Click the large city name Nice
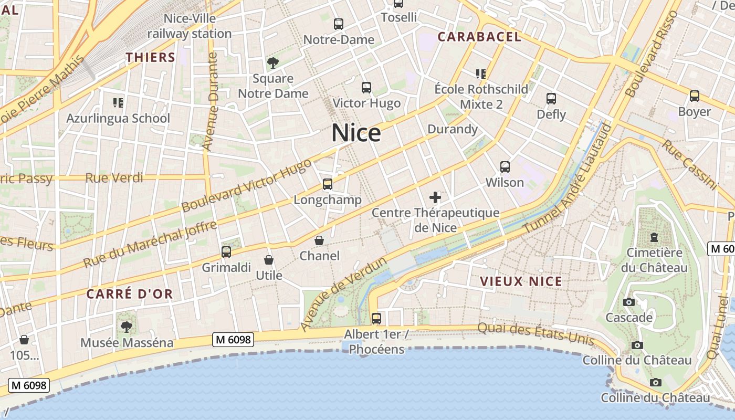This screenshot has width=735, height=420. pos(356,133)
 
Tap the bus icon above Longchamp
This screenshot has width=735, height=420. pos(328,184)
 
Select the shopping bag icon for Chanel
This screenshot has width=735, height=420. pos(319,240)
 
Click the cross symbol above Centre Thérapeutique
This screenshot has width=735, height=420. pos(435,197)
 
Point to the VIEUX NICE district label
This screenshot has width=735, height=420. pos(521,281)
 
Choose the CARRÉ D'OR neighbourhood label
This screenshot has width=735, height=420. pos(130,294)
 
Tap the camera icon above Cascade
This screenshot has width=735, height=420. pos(628,302)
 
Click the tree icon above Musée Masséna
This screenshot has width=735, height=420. pos(126,327)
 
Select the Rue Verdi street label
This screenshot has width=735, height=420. pos(114,178)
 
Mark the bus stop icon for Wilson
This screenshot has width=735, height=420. pos(505,167)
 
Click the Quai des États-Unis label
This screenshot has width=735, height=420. pos(535,334)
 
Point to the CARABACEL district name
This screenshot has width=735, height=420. pos(479,37)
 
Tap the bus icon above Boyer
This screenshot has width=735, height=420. pos(695,96)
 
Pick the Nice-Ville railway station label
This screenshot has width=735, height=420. pos(190,26)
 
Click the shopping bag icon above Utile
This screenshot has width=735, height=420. pos(269,260)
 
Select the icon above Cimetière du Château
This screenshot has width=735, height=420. pos(654,237)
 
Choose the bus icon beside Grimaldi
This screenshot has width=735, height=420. pos(226,252)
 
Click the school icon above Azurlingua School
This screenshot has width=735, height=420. pos(118,102)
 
